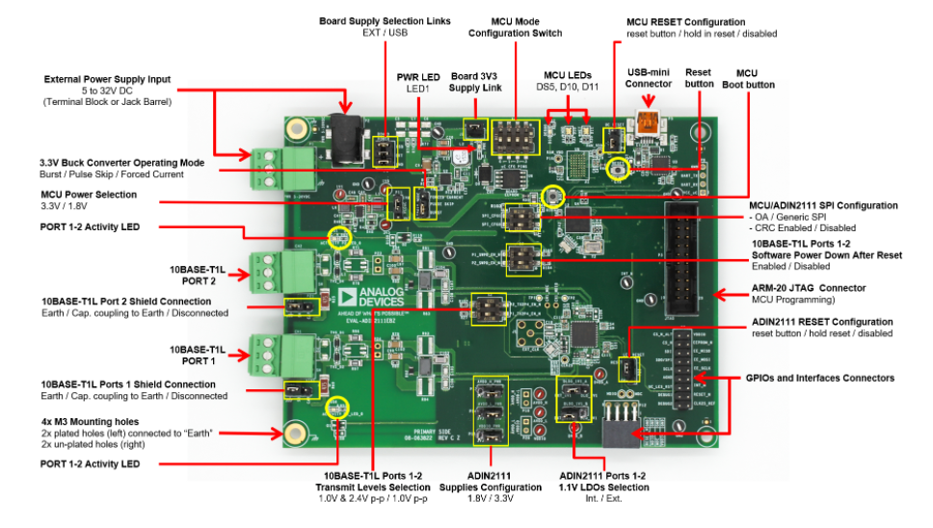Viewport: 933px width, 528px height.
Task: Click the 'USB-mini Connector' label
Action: pos(648,77)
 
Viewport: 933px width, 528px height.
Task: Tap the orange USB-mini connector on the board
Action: pos(650,122)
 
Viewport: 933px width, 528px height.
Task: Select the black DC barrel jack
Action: pos(341,130)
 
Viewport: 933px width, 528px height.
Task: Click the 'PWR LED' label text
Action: pos(417,76)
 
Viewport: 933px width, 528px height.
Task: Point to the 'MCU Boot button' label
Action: pos(747,78)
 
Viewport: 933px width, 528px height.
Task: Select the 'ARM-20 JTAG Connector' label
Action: pos(808,287)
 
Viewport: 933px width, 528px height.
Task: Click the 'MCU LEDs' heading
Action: pos(567,74)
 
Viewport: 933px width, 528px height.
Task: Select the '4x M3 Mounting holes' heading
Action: pos(90,421)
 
